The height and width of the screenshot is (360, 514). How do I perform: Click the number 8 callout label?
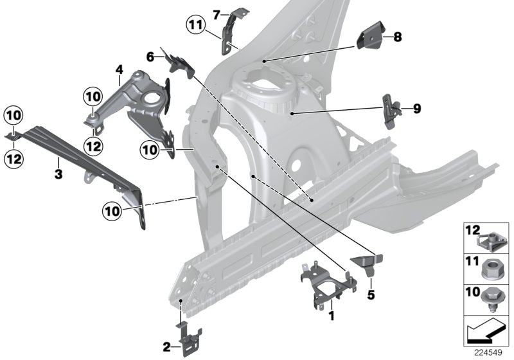pyautogui.click(x=398, y=37)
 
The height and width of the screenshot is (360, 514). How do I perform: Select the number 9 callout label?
pyautogui.click(x=417, y=109)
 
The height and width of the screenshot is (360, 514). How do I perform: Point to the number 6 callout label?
pyautogui.click(x=150, y=57)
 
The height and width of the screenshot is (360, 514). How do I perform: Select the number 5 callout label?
pyautogui.click(x=370, y=296)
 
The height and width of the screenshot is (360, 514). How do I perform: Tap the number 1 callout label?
pyautogui.click(x=331, y=316)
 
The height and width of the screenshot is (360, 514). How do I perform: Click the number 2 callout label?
pyautogui.click(x=167, y=347)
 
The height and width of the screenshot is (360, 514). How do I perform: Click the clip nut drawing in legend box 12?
pyautogui.click(x=492, y=239)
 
